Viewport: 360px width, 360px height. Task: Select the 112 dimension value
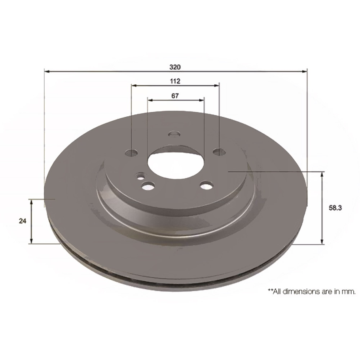175,81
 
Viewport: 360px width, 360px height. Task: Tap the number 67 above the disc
175,95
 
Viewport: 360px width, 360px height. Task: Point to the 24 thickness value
23,222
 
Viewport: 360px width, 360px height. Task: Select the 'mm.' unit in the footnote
350,292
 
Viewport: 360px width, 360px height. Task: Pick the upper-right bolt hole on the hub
219,152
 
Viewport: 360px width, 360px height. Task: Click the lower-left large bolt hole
149,186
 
